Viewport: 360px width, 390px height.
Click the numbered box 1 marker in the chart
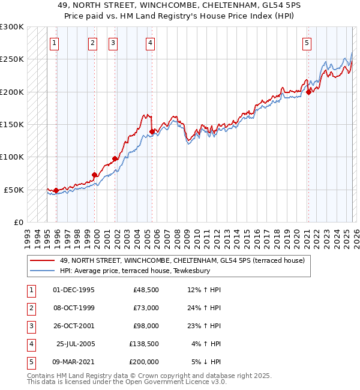tap(55, 43)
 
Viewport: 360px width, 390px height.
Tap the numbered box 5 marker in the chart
tap(307, 43)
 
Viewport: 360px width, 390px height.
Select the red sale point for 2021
tap(308, 92)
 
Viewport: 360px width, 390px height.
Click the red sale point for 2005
tap(152, 131)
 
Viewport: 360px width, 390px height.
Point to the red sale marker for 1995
tap(56, 191)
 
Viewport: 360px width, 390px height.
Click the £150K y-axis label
tap(12, 125)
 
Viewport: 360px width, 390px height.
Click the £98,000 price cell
tap(145, 326)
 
